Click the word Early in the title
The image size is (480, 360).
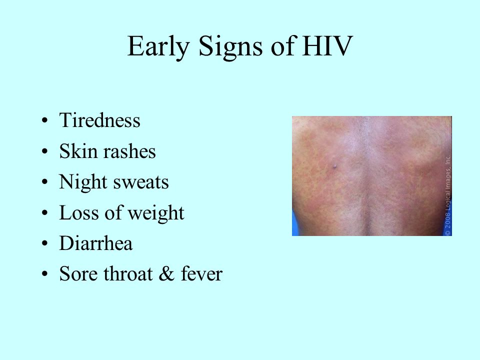point(158,46)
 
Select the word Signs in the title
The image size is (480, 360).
point(231,47)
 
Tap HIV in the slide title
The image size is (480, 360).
point(327,45)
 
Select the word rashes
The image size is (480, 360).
point(130,151)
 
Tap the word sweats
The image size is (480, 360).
point(141,183)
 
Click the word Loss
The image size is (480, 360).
point(79,213)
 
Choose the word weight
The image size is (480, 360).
point(156,213)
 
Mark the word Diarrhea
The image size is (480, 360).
point(96,243)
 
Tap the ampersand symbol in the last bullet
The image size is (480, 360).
point(166,273)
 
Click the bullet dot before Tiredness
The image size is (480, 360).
point(45,120)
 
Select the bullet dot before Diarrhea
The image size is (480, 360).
point(45,244)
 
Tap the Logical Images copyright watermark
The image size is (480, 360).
point(448,195)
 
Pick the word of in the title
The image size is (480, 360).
point(282,46)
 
